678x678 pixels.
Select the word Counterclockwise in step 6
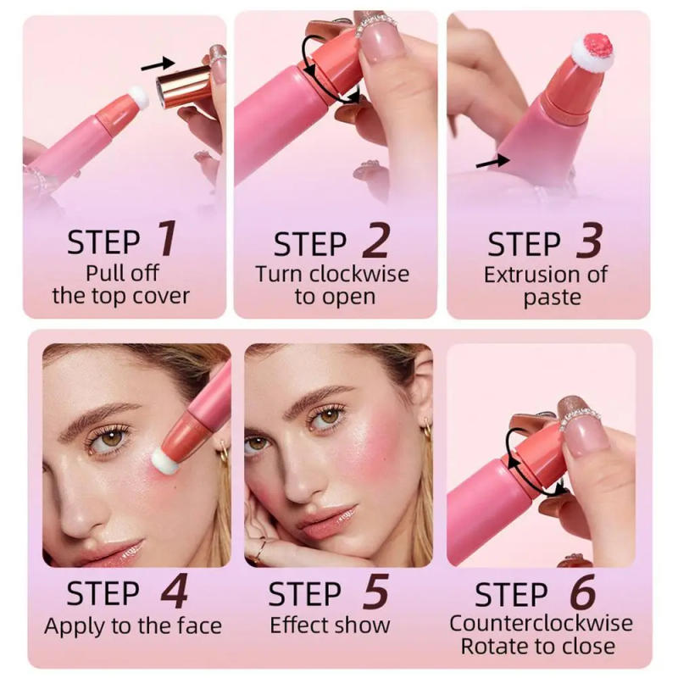point(541,623)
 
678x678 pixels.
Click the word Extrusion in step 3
point(525,274)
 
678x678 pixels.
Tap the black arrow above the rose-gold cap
point(156,63)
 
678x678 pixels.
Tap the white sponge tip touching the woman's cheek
point(164,462)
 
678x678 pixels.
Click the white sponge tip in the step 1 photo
point(139,99)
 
